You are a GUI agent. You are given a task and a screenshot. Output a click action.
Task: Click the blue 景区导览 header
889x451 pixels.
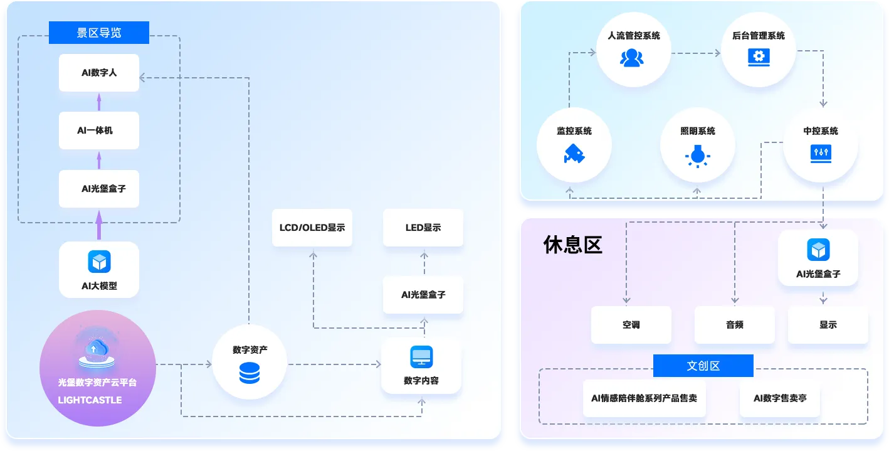click(99, 33)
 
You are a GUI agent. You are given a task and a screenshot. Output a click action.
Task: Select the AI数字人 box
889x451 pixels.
click(99, 73)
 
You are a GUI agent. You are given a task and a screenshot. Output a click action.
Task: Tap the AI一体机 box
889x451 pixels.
click(99, 130)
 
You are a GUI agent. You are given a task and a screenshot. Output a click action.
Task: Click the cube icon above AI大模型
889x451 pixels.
click(99, 262)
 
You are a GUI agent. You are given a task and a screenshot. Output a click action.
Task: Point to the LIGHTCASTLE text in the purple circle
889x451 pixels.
click(90, 400)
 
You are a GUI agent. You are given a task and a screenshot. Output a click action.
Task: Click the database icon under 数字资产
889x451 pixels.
click(250, 373)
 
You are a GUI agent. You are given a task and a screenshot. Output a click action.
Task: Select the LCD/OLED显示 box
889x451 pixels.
click(312, 228)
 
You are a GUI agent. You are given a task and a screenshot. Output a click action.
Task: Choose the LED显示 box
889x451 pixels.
click(423, 228)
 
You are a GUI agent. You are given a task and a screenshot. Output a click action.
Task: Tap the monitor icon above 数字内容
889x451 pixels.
click(421, 357)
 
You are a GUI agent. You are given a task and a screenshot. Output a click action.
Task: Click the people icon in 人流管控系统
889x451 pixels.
click(632, 58)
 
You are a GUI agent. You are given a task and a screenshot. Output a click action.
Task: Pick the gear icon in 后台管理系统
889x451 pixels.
click(759, 57)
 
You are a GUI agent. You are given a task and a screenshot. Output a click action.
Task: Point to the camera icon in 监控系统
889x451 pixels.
click(574, 154)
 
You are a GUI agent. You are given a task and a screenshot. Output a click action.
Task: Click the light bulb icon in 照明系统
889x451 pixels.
click(697, 156)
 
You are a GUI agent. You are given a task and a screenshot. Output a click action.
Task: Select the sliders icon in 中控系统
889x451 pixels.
click(821, 154)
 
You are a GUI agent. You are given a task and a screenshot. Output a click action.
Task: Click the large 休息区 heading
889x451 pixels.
click(572, 245)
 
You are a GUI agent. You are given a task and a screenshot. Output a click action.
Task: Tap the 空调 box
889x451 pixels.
click(631, 325)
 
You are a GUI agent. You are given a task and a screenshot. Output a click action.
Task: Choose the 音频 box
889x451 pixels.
click(735, 325)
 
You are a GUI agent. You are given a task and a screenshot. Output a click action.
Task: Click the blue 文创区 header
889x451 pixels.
click(703, 366)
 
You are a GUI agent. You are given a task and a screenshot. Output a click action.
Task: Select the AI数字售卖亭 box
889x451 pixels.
click(780, 398)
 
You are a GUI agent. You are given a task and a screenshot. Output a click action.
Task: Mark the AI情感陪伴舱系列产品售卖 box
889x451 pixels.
click(644, 398)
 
